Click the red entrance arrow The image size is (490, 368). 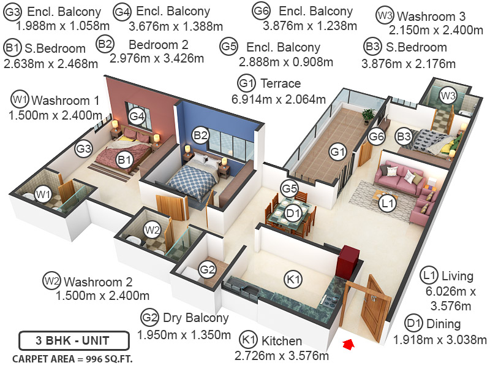click(348, 346)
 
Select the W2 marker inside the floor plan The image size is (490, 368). click(153, 230)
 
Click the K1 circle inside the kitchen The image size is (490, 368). click(295, 280)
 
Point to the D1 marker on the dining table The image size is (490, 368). click(293, 213)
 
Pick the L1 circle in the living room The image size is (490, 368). click(387, 203)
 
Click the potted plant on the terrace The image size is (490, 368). click(368, 115)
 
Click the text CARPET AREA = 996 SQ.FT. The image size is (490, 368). click(73, 358)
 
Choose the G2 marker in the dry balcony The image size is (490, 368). click(207, 269)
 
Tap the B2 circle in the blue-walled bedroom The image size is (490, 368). click(201, 135)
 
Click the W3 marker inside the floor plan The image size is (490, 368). click(448, 96)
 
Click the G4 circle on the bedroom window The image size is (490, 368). click(137, 115)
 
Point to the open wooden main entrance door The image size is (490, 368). click(372, 304)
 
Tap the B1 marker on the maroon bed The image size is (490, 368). click(125, 160)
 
